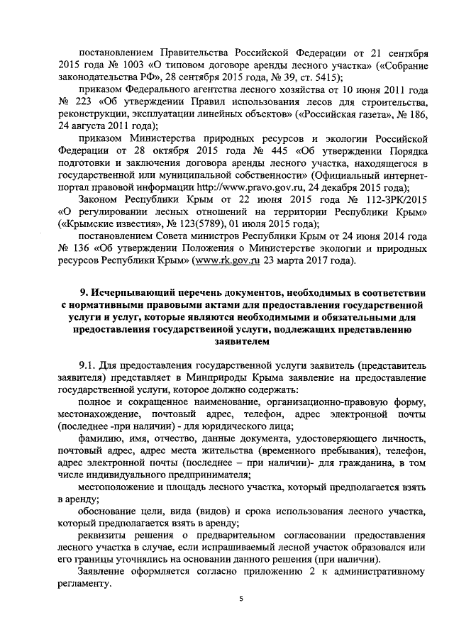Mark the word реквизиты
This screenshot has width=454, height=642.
(x=104, y=537)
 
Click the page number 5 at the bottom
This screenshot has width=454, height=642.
(x=240, y=600)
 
